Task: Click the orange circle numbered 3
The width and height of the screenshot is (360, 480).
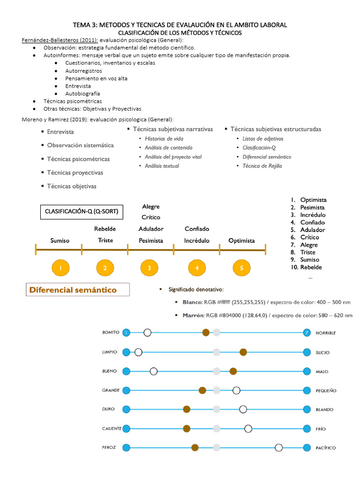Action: tap(149, 268)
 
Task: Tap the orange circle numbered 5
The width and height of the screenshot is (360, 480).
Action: tap(241, 268)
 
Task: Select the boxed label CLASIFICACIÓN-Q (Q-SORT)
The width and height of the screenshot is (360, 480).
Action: tap(81, 212)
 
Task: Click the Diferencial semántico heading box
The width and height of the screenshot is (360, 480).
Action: tap(77, 290)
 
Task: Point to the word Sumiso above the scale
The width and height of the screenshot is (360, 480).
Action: tap(60, 240)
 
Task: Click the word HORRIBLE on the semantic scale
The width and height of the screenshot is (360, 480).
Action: tap(326, 333)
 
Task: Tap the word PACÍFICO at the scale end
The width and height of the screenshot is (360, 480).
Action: tap(326, 448)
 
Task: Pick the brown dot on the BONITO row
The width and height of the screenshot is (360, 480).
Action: tap(206, 333)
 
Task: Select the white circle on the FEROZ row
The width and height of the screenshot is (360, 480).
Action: tap(279, 448)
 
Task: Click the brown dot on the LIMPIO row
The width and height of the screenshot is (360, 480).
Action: tap(243, 352)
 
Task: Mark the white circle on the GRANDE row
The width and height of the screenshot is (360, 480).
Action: tap(237, 390)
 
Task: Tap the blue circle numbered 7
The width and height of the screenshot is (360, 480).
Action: tap(307, 333)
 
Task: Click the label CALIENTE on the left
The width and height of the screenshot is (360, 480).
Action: tap(112, 428)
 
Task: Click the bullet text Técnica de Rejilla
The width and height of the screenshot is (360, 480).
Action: tap(262, 166)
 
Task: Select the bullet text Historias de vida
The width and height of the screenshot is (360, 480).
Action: tap(164, 139)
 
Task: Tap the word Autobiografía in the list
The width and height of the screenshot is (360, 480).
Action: tap(82, 93)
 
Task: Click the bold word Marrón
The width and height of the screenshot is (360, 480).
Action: tap(191, 315)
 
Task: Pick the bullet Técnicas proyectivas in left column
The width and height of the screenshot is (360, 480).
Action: tap(75, 172)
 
